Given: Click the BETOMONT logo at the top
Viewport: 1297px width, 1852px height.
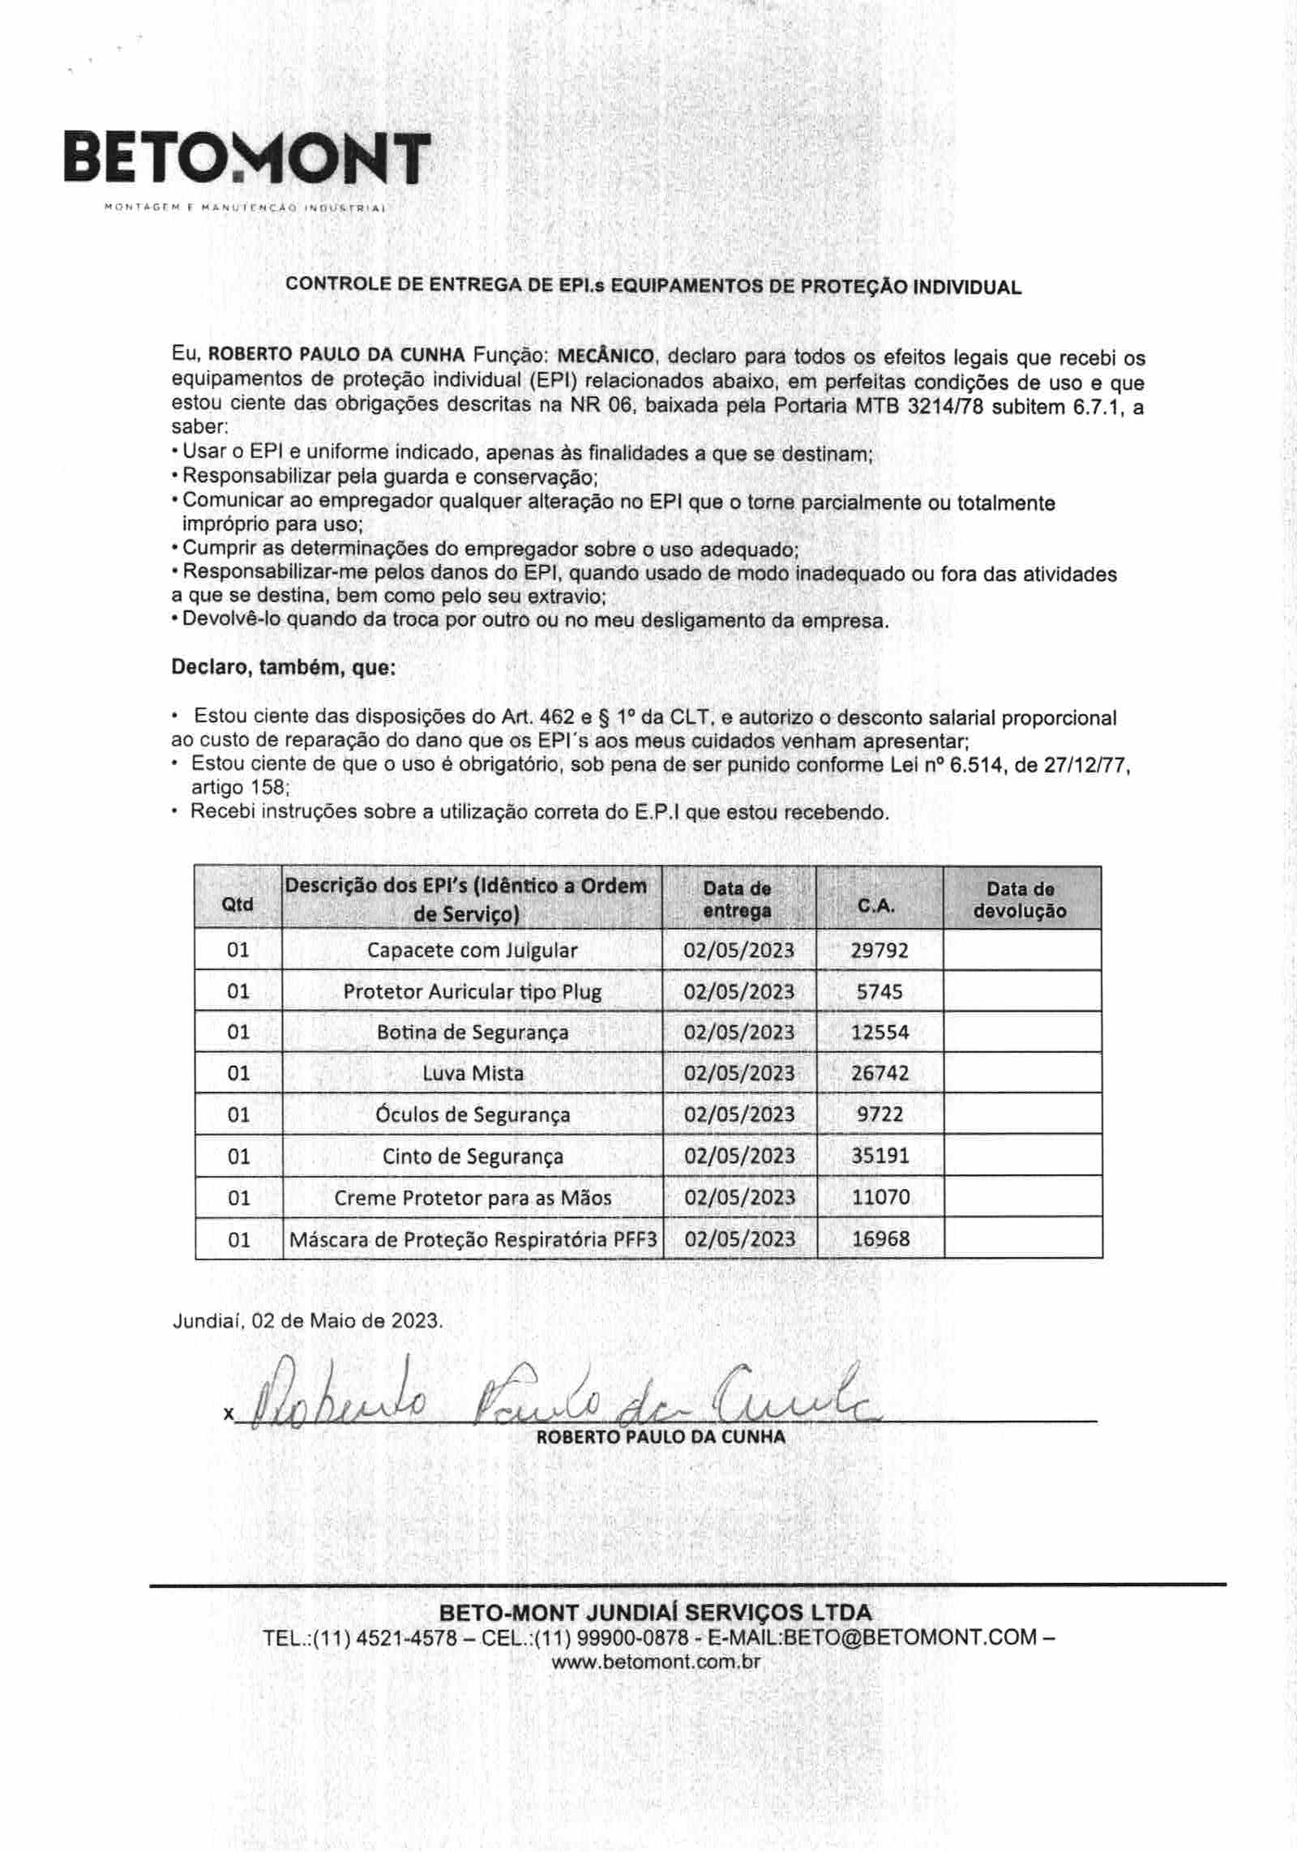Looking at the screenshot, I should (247, 158).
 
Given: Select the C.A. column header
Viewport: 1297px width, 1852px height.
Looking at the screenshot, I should (878, 906).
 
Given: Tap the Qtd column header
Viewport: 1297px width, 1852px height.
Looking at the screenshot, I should (238, 904).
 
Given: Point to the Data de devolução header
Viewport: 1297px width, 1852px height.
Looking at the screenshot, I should (1021, 900).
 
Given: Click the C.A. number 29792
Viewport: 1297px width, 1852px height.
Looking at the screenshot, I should (880, 950).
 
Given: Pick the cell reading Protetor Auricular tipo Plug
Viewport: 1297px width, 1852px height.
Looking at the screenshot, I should (472, 991).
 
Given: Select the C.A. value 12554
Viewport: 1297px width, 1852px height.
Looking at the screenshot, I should (880, 1033).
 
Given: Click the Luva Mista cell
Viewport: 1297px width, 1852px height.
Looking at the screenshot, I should (473, 1073).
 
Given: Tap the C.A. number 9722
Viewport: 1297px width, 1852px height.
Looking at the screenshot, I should (880, 1114).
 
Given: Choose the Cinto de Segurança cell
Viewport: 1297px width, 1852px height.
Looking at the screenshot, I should (473, 1157).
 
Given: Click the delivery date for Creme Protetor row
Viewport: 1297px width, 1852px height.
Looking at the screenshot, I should (739, 1197).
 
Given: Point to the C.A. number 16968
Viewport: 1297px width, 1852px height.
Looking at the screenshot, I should (880, 1238).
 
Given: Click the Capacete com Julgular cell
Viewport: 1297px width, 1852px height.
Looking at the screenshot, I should (472, 950).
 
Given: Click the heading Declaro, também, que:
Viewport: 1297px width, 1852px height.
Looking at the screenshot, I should (283, 668).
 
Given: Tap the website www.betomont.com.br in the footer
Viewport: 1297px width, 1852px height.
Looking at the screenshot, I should (656, 1661).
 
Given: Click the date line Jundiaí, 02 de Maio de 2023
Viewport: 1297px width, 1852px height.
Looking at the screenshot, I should (307, 1320).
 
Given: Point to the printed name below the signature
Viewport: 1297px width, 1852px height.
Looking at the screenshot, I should (661, 1437).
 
